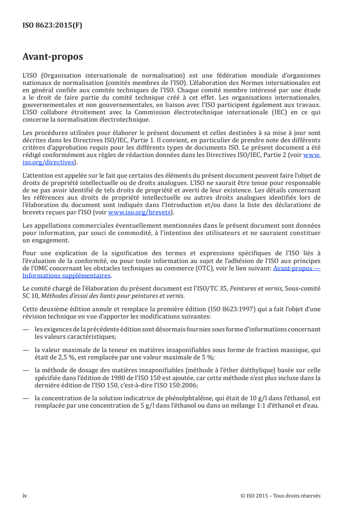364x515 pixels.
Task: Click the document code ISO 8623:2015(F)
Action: point(52,26)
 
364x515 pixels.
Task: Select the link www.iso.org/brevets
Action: point(139,213)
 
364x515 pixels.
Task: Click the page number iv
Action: point(25,496)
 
